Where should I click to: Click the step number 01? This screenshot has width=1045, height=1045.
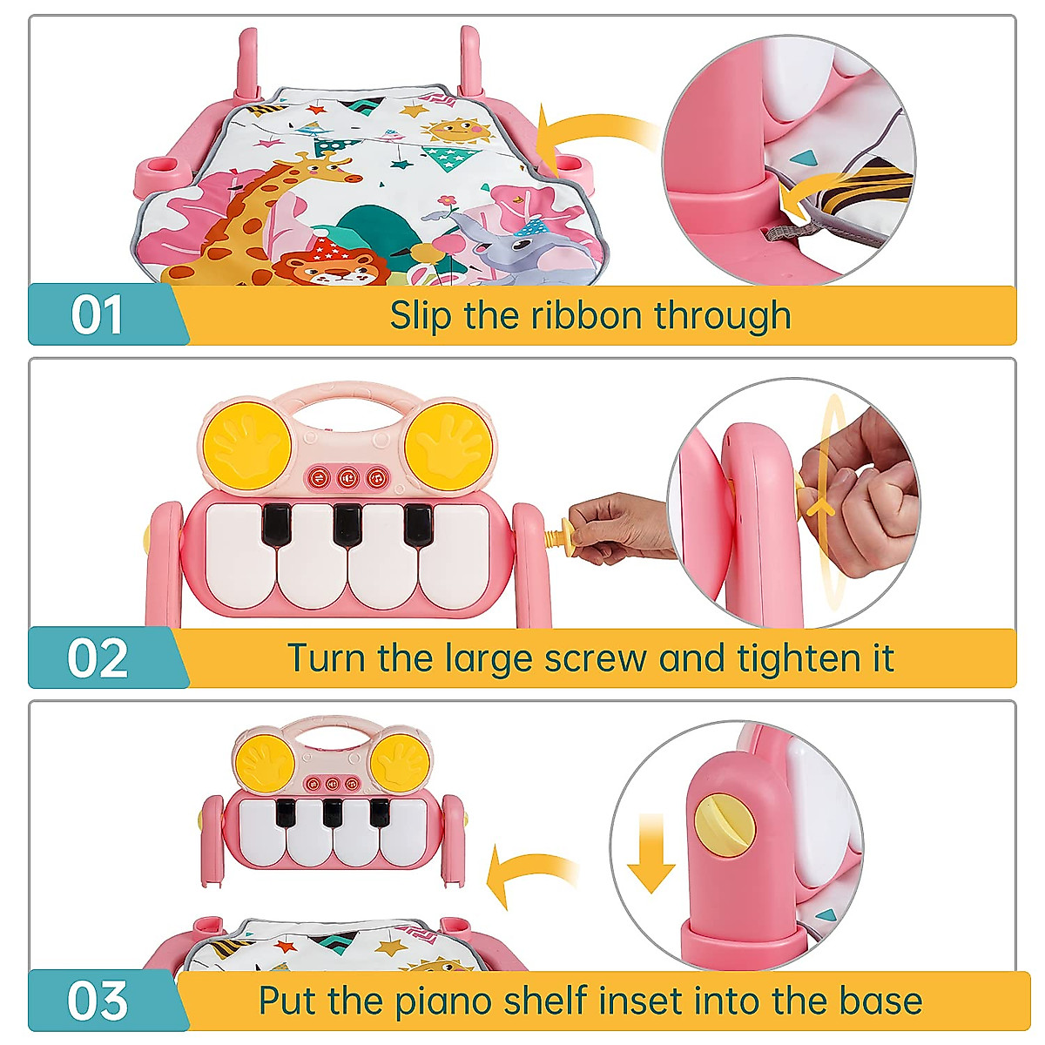pos(97,315)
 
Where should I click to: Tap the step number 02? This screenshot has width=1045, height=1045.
pos(98,658)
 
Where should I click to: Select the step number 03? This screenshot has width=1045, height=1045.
pos(98,1001)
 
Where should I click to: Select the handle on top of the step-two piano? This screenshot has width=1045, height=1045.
pos(348,396)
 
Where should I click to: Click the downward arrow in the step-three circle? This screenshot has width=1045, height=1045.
pos(651,853)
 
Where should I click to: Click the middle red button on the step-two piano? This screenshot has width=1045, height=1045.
pos(347,476)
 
